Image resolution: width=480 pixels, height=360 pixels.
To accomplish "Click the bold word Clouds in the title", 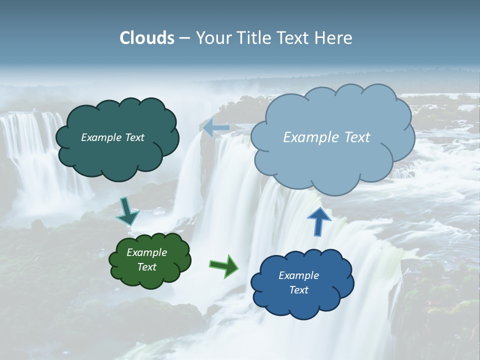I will click(x=147, y=38).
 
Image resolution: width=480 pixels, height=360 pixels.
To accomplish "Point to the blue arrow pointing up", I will click(x=319, y=222).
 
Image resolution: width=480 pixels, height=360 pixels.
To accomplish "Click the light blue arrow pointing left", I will click(x=216, y=127).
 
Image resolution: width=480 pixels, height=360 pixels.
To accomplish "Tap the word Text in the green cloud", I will click(x=147, y=267).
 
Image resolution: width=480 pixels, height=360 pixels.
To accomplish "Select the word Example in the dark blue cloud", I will click(x=298, y=275).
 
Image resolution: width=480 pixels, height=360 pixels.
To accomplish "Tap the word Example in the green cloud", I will click(x=147, y=252).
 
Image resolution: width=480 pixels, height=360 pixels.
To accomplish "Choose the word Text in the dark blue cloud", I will click(x=298, y=290).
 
